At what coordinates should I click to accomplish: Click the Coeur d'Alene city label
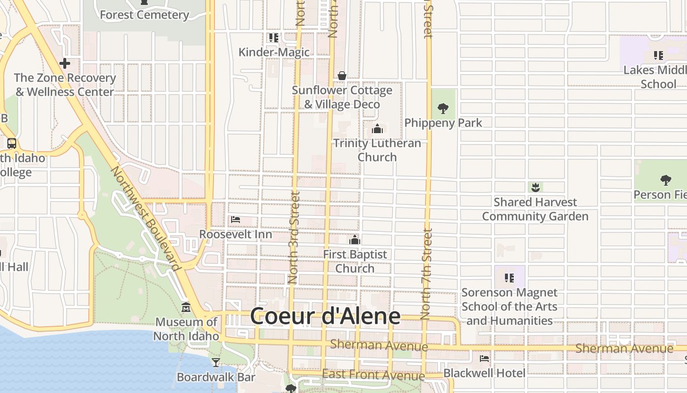pyautogui.click(x=325, y=316)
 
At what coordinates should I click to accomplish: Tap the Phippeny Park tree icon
pyautogui.click(x=443, y=108)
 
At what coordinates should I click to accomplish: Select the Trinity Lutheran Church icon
pyautogui.click(x=377, y=129)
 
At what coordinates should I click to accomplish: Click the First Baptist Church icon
pyautogui.click(x=355, y=240)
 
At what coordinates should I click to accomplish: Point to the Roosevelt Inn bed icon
pyautogui.click(x=236, y=219)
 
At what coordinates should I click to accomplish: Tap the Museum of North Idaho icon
pyautogui.click(x=186, y=308)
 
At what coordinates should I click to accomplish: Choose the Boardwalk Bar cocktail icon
pyautogui.click(x=215, y=363)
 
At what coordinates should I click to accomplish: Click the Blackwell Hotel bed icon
pyautogui.click(x=484, y=358)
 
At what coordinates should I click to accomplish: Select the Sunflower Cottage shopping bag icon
pyautogui.click(x=342, y=76)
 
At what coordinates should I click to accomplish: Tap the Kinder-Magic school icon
pyautogui.click(x=273, y=37)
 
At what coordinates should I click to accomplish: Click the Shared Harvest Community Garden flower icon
pyautogui.click(x=535, y=187)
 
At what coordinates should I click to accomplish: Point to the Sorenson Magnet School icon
pyautogui.click(x=509, y=278)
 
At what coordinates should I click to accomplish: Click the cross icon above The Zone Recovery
pyautogui.click(x=64, y=63)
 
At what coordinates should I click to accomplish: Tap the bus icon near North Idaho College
pyautogui.click(x=12, y=143)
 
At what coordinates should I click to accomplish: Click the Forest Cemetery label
pyautogui.click(x=144, y=15)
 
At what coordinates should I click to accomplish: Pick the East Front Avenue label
pyautogui.click(x=373, y=375)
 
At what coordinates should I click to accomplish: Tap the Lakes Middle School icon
pyautogui.click(x=658, y=56)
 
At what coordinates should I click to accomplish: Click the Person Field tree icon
pyautogui.click(x=665, y=180)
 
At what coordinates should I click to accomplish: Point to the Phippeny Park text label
pyautogui.click(x=443, y=123)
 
